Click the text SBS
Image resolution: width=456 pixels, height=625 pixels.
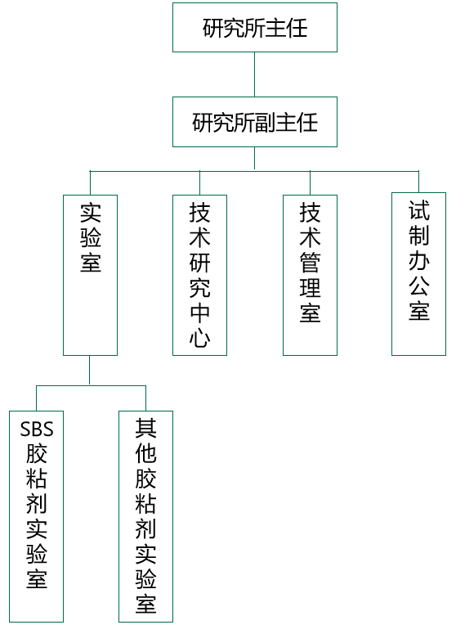pos(37,429)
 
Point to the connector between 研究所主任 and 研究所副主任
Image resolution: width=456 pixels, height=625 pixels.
pos(254,74)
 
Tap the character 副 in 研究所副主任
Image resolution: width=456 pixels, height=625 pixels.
pos(266,122)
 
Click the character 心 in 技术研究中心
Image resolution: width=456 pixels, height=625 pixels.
pos(199,338)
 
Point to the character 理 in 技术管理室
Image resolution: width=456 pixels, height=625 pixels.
pos(310,288)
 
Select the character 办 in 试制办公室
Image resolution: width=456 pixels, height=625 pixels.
pos(418,261)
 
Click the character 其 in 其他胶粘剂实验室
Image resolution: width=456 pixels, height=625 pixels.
pos(145,428)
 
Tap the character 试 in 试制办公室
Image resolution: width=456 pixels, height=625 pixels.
pos(418,210)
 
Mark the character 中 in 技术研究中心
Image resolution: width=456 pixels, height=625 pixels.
pos(199,312)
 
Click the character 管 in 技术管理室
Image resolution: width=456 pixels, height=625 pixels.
pos(310,263)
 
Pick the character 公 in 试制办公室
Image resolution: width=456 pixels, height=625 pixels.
pos(418,286)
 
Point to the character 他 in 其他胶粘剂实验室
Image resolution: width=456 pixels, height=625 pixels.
pos(145,453)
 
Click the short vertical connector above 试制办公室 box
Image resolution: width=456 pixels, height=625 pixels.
pos(418,182)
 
